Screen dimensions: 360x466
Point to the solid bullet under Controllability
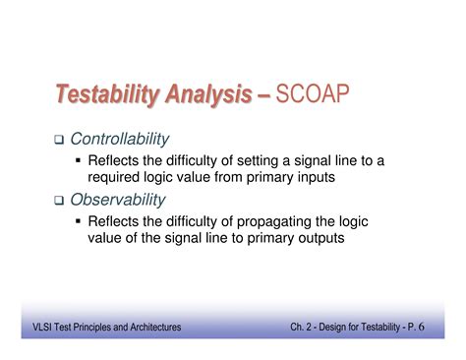point(79,160)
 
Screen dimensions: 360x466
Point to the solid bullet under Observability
point(79,220)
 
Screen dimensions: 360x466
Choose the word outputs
point(320,238)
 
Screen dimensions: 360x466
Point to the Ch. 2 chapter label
point(304,327)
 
